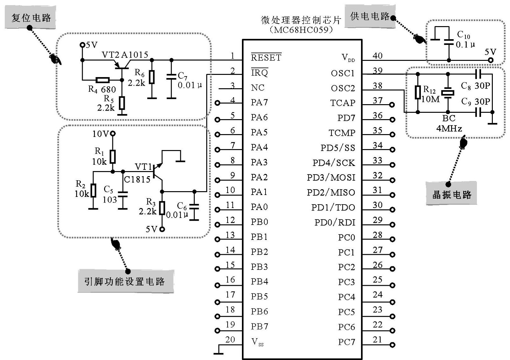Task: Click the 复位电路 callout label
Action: [31, 18]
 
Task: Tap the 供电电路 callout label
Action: [370, 16]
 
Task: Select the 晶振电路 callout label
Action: [451, 194]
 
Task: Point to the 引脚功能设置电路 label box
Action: [125, 281]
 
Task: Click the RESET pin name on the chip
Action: [266, 58]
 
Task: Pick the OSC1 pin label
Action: [343, 73]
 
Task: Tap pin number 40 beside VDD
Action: [378, 56]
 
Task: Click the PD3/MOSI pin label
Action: [331, 177]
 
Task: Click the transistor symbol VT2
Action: [122, 65]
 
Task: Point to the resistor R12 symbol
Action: [418, 92]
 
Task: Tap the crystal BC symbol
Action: [448, 93]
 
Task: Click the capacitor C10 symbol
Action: [449, 41]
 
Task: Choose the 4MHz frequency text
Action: [449, 128]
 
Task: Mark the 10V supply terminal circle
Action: [112, 133]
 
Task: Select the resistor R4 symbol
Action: [103, 80]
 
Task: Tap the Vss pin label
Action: [258, 342]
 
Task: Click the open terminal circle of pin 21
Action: [393, 345]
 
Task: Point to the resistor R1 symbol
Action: [112, 157]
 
